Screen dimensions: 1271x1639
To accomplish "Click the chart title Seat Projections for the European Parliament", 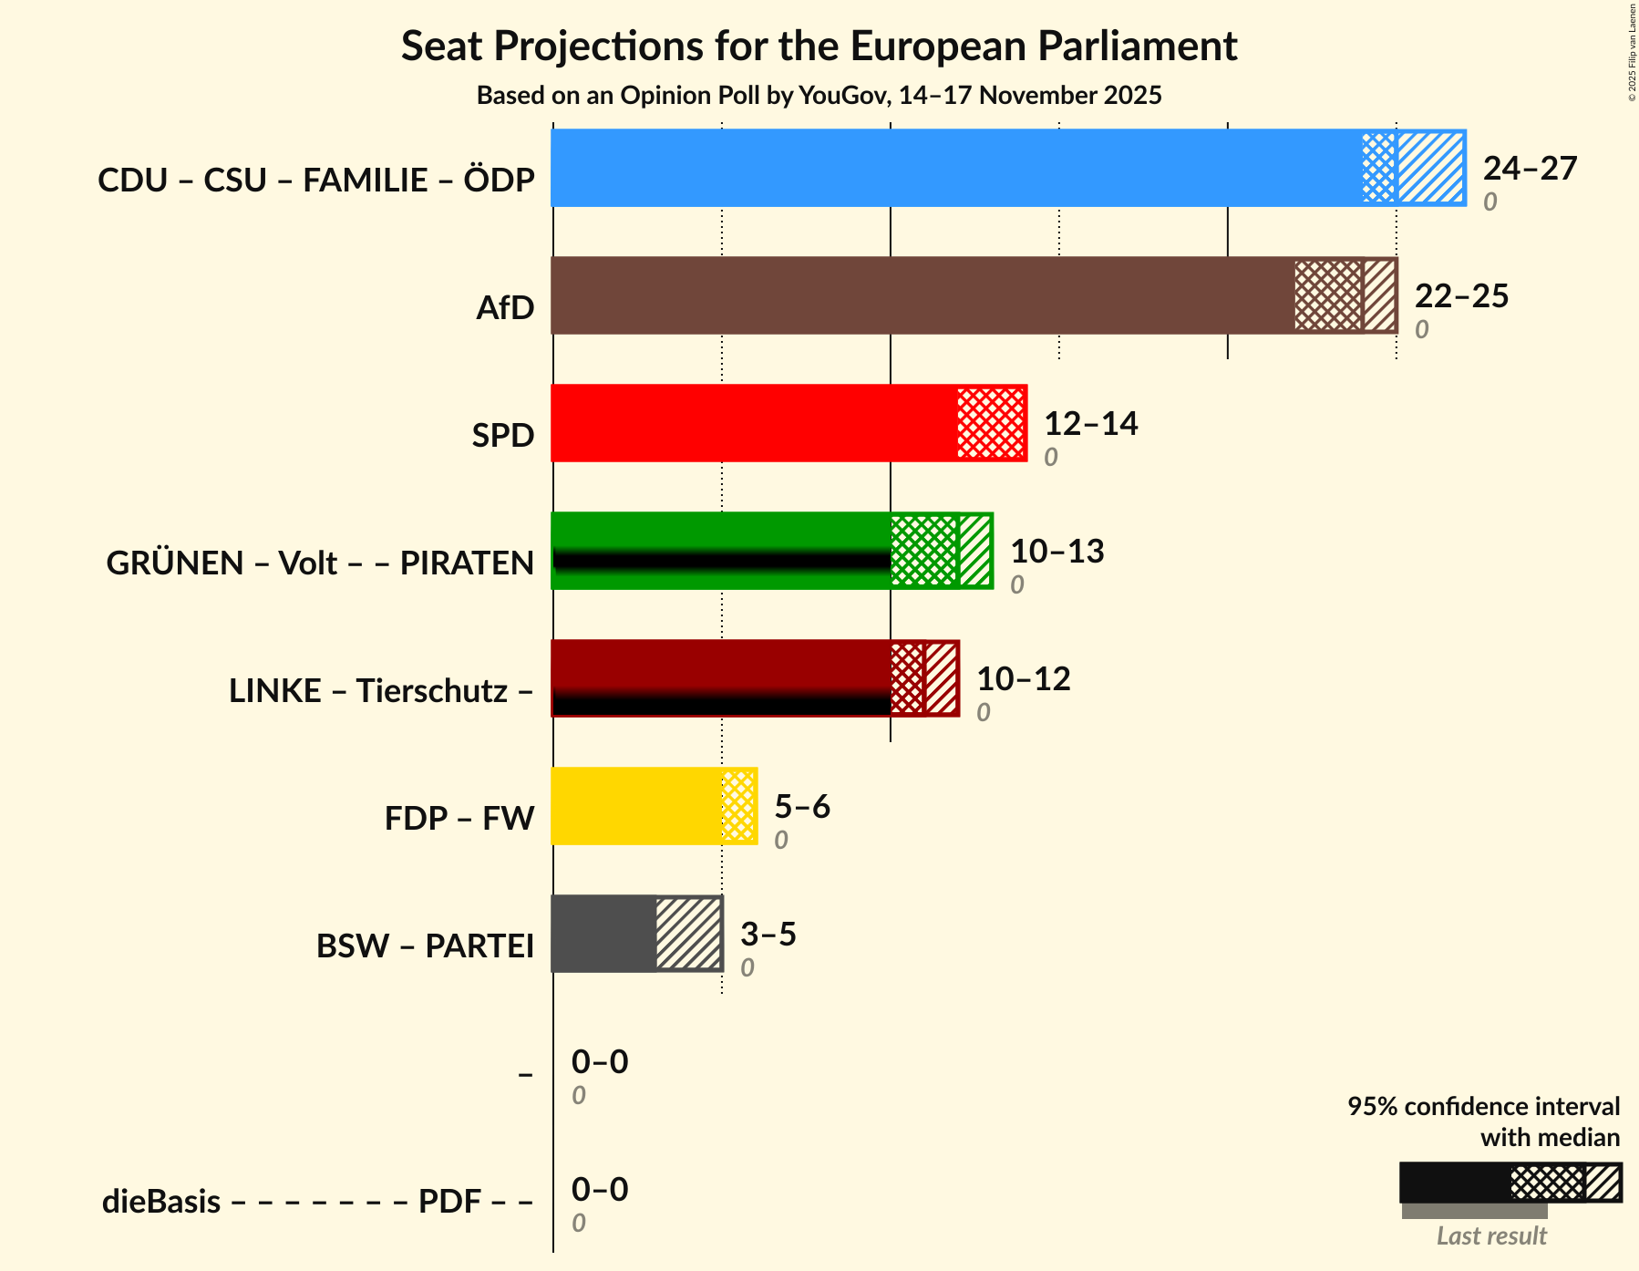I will [819, 46].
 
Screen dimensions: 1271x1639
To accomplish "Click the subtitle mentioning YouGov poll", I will [819, 96].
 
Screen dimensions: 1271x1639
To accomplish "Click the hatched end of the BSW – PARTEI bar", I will [688, 934].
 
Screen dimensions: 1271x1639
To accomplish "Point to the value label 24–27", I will [1530, 169].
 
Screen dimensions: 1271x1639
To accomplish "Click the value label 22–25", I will [1461, 296].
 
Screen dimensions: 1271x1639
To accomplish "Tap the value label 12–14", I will [1090, 424].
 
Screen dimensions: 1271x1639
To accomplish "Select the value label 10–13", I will [1057, 552].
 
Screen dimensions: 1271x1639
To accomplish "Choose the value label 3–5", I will [768, 935].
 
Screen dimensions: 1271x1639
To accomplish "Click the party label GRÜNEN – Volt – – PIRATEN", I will [320, 563].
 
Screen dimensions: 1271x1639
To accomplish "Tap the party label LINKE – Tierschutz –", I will [381, 691].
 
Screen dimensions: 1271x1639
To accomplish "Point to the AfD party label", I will [505, 308].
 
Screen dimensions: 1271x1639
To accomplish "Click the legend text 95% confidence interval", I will [1483, 1107].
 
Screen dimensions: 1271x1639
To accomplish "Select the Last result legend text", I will [1491, 1236].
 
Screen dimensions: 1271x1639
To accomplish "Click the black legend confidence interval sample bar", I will [1454, 1183].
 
